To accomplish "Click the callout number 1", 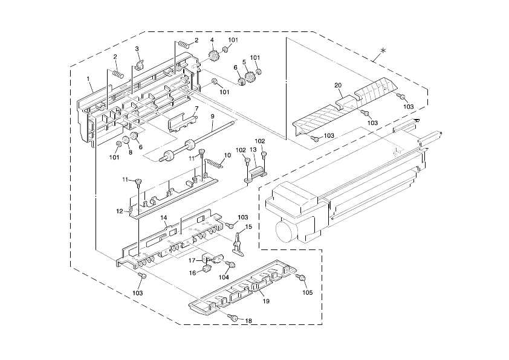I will (88, 79).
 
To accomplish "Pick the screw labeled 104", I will (230, 265).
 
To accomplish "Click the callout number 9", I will (213, 116).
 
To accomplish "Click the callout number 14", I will (163, 217).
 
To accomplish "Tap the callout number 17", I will (191, 261).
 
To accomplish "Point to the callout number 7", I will (196, 108).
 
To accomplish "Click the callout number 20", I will (338, 85).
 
